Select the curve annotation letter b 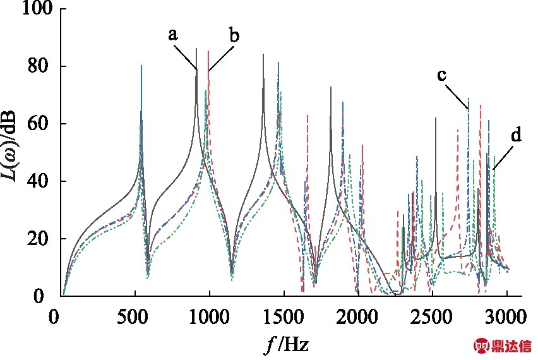click(x=234, y=35)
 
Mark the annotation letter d click(x=517, y=135)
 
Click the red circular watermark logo click(x=482, y=346)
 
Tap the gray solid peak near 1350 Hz click(x=263, y=56)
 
